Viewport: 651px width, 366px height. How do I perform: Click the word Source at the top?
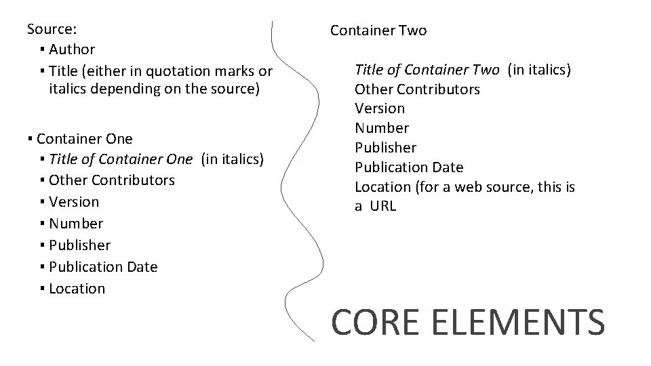51,29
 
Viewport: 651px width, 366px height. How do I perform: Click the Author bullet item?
72,49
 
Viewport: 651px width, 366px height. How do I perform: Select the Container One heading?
85,139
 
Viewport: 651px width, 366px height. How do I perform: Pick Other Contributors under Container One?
112,180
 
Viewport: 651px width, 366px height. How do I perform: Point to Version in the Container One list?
74,202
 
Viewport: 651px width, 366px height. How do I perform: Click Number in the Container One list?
76,224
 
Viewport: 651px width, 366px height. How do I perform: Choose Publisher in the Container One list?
79,245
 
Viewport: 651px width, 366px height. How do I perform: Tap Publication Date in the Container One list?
103,267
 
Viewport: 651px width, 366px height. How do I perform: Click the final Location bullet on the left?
77,289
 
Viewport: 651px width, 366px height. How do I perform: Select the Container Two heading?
378,30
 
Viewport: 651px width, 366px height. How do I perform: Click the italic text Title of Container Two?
427,69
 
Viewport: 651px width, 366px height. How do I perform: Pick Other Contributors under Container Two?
417,89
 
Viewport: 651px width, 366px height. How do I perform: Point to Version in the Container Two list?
379,108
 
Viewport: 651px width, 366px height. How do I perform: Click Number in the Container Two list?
381,128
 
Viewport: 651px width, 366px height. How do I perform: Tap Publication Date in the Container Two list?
409,167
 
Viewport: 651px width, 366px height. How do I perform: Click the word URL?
384,206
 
